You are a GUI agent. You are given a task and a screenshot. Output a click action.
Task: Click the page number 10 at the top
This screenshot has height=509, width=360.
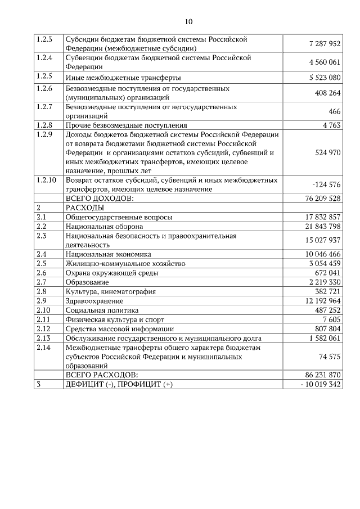tap(188, 22)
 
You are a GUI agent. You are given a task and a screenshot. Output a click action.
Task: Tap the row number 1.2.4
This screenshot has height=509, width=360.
tap(44, 57)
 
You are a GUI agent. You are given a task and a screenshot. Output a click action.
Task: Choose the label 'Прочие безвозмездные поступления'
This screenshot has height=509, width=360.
tap(126, 125)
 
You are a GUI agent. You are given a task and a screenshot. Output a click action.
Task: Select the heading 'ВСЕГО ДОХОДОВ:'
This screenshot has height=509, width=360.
tap(100, 198)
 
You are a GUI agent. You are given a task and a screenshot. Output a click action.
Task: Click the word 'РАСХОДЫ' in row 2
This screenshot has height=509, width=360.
tap(85, 208)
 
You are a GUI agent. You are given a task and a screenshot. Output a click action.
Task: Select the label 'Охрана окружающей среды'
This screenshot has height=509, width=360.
tap(111, 272)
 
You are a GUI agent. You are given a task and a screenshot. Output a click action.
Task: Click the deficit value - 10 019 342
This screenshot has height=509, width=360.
tap(321, 384)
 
